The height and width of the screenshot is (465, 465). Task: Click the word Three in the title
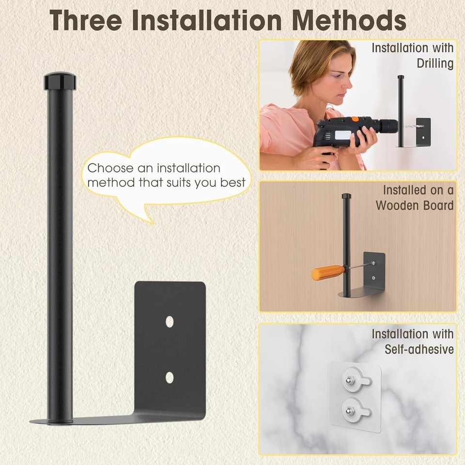[x=86, y=20]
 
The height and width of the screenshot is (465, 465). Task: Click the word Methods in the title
[x=349, y=20]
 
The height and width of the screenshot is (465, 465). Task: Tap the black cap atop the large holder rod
[x=60, y=81]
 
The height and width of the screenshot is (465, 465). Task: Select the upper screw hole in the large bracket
[x=170, y=322]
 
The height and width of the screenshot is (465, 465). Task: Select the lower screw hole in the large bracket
[x=170, y=377]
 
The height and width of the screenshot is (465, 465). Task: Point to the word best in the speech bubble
[x=233, y=183]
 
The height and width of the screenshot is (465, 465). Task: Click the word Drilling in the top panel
[x=435, y=63]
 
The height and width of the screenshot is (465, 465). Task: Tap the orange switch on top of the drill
[x=355, y=119]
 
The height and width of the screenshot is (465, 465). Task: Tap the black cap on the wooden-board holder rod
[x=346, y=196]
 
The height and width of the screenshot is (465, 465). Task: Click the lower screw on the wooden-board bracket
[x=373, y=278]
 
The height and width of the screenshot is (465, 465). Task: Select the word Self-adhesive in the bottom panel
[x=419, y=349]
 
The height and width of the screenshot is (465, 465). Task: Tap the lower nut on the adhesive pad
[x=348, y=411]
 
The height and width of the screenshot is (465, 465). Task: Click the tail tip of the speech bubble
[x=153, y=223]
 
